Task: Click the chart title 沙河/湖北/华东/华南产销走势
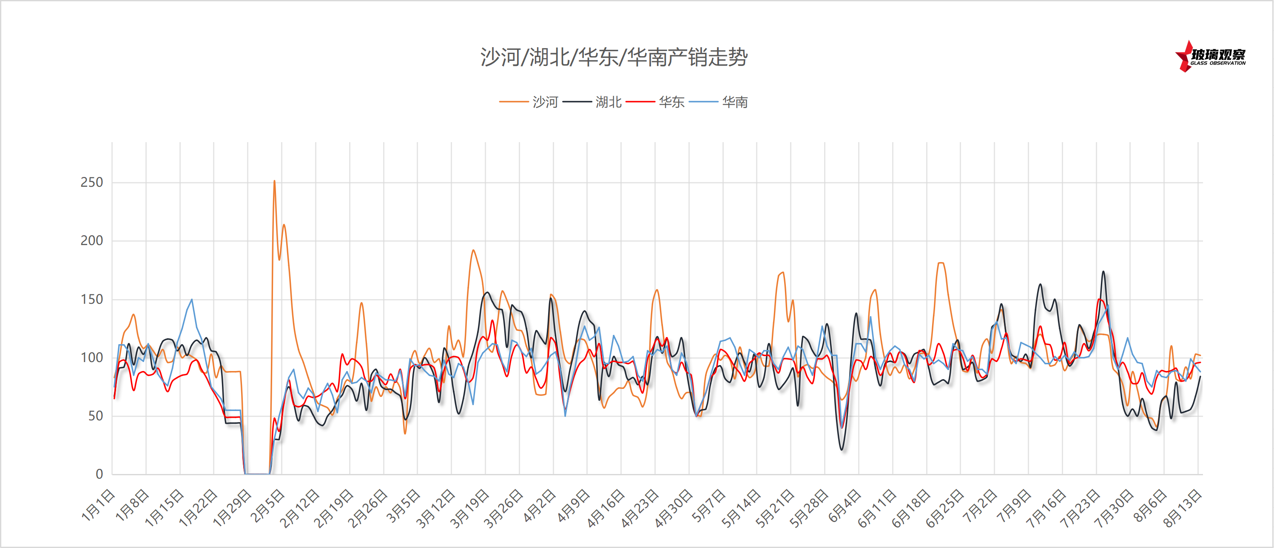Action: coord(613,57)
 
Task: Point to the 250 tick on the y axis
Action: coord(91,182)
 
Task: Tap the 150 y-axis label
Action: coord(91,299)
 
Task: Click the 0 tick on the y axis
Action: coord(99,474)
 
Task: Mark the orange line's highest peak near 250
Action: coord(274,181)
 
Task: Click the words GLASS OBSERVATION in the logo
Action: coord(1217,63)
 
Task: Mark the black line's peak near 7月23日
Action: coord(1103,271)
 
